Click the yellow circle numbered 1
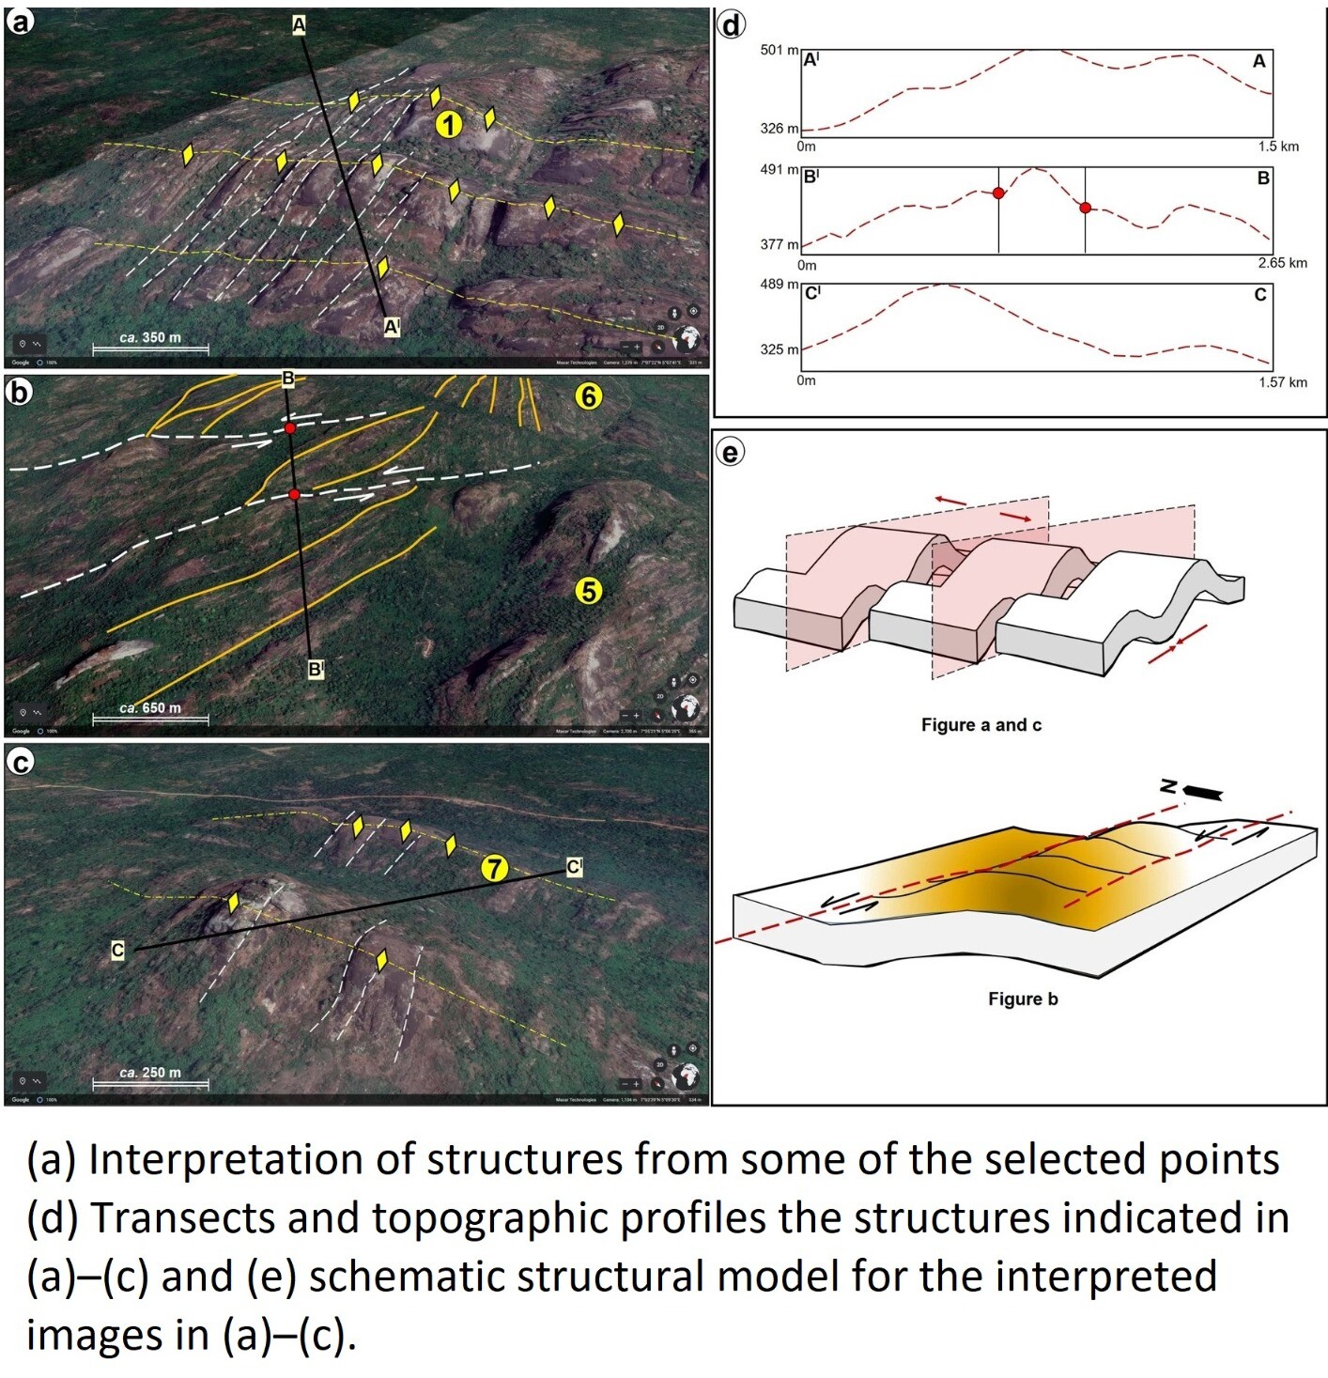pyautogui.click(x=449, y=124)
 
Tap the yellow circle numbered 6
pyautogui.click(x=588, y=396)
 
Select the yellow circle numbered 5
pyautogui.click(x=588, y=591)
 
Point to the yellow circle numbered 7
pyautogui.click(x=494, y=869)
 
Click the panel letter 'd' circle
pyautogui.click(x=731, y=25)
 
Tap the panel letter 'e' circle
pyautogui.click(x=730, y=453)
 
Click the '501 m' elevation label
pyautogui.click(x=780, y=50)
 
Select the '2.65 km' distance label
pyautogui.click(x=1282, y=263)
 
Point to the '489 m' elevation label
pyautogui.click(x=780, y=284)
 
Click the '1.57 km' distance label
pyautogui.click(x=1282, y=382)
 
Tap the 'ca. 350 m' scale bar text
pyautogui.click(x=150, y=337)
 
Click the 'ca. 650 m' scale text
pyautogui.click(x=150, y=707)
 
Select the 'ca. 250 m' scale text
pyautogui.click(x=150, y=1072)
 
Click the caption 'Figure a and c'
pyautogui.click(x=981, y=725)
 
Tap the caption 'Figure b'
pyautogui.click(x=1023, y=999)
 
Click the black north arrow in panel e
pyautogui.click(x=1202, y=793)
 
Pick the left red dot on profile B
pyautogui.click(x=998, y=193)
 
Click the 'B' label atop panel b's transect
pyautogui.click(x=288, y=379)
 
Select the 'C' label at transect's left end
pyautogui.click(x=117, y=951)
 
